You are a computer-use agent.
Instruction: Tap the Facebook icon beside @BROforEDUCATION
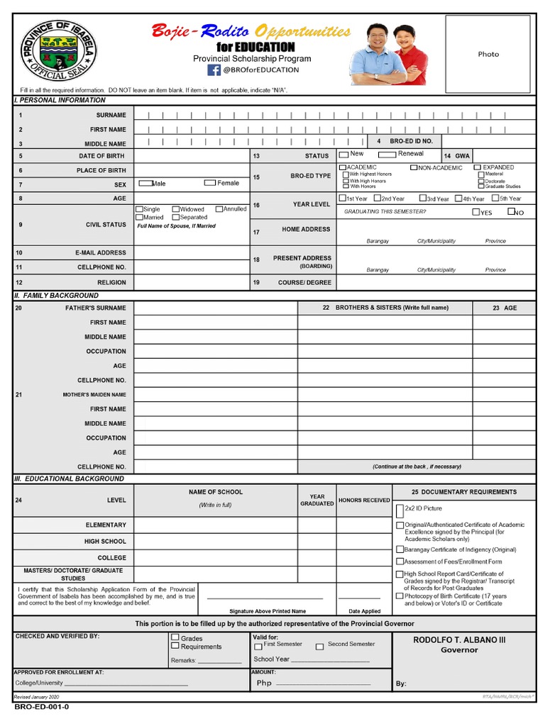214,69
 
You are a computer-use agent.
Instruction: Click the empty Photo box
488,54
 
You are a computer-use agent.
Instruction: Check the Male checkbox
145,183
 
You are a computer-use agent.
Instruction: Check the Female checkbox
209,183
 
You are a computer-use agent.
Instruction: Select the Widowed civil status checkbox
175,209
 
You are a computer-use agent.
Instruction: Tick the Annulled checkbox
219,209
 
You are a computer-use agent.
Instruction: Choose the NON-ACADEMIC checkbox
413,167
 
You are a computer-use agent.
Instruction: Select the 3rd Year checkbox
422,199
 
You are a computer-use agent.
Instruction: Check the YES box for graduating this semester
475,212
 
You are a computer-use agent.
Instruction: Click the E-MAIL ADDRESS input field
191,252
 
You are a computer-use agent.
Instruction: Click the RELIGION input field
191,282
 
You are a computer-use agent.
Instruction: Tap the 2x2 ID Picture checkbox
400,508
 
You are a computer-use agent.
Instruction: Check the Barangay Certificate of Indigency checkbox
400,549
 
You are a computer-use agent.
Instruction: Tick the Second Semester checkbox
319,646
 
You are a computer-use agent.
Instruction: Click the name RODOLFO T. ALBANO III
459,640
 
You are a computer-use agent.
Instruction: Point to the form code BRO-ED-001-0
42,707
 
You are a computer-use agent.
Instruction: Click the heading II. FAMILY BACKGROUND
57,295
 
